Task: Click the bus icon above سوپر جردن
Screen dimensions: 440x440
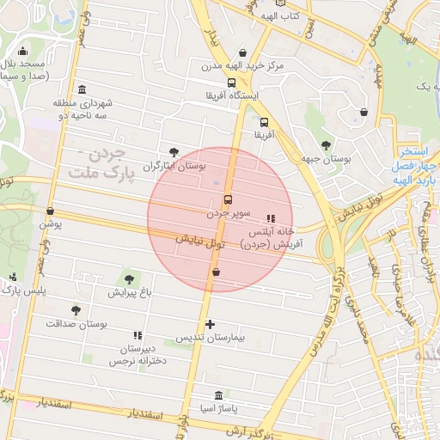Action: [x=228, y=197]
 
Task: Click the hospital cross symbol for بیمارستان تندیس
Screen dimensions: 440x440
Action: [x=211, y=324]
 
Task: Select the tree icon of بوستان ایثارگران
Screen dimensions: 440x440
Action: [x=174, y=152]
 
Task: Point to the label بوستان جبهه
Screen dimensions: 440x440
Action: [x=330, y=159]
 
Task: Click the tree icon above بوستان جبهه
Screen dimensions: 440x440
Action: [x=326, y=145]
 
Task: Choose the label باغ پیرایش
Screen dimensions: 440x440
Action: [x=130, y=293]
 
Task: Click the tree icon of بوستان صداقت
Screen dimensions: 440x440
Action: [x=76, y=310]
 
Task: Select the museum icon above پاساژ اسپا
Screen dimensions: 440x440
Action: [x=218, y=395]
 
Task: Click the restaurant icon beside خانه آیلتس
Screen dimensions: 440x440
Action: [x=272, y=218]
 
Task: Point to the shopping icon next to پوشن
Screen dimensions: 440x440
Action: [x=50, y=211]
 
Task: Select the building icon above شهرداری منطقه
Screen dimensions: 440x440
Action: [x=82, y=90]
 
